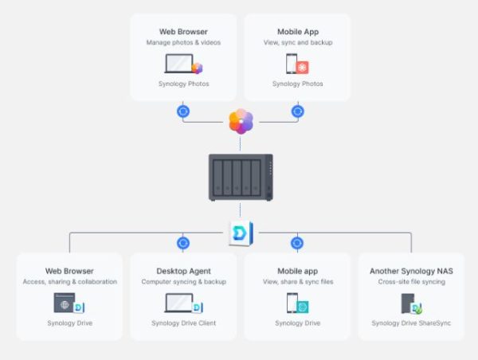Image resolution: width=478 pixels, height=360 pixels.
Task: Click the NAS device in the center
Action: click(241, 178)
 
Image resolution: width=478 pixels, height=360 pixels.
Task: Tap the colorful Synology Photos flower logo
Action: click(241, 121)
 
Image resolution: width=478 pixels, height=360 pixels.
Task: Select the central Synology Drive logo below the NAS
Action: click(241, 233)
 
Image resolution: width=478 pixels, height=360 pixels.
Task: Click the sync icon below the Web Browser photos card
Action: click(183, 112)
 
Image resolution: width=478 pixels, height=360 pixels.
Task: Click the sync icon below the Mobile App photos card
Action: click(297, 112)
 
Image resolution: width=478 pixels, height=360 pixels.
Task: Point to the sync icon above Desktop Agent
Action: click(183, 243)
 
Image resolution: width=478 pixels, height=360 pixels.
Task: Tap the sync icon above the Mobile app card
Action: click(297, 243)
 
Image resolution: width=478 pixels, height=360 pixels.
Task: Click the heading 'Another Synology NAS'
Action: click(411, 271)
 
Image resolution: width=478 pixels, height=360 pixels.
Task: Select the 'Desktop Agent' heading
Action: click(183, 271)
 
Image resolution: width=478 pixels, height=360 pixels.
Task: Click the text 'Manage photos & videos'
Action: click(183, 42)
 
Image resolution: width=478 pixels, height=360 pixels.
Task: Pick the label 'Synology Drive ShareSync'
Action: click(411, 323)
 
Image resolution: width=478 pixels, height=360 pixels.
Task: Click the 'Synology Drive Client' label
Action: click(183, 323)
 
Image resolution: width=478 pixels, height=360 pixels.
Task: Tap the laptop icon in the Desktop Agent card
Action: click(179, 303)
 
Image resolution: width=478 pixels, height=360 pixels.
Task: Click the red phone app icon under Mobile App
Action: click(302, 68)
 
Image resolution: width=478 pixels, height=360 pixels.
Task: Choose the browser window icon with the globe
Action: click(65, 303)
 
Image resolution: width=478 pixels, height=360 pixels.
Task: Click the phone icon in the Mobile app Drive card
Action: click(292, 303)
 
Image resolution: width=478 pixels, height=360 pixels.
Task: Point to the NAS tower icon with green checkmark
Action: click(411, 303)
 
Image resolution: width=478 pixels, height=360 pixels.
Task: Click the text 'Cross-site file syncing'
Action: click(412, 282)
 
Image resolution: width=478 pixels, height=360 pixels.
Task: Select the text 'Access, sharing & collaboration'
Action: click(70, 282)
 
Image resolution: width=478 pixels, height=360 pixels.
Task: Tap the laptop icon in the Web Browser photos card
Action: click(179, 64)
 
